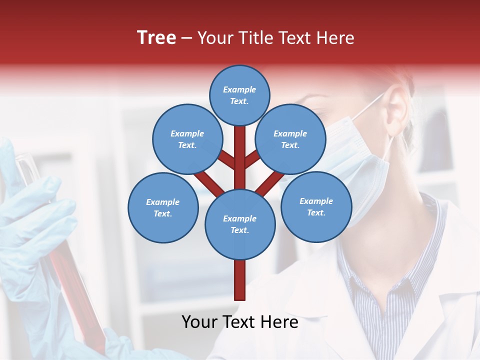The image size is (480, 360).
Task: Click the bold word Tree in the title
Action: [156, 38]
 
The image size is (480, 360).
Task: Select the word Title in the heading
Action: [255, 38]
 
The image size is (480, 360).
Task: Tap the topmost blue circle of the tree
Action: [239, 95]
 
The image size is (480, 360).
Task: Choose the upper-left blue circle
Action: [187, 139]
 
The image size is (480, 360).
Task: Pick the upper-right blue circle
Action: [290, 139]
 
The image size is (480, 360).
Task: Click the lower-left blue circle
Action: [163, 207]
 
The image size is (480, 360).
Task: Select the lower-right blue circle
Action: [316, 206]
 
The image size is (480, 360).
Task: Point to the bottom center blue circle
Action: [240, 224]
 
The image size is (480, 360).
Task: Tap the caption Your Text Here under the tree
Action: [240, 322]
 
